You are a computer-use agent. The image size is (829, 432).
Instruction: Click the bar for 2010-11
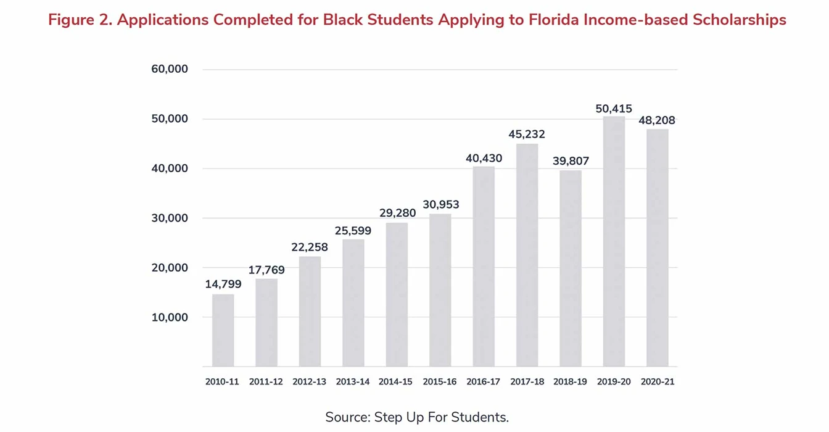(223, 330)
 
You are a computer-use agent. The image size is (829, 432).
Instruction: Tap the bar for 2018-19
(571, 268)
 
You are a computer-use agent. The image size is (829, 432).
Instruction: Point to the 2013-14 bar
(353, 303)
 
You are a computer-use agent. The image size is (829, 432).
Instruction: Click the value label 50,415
(614, 109)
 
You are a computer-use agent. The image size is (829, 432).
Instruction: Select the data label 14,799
(223, 285)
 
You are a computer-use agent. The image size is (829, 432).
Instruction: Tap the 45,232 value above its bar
(527, 135)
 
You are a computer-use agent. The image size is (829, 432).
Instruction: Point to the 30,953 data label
(440, 205)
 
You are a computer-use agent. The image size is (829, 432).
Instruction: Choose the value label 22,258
(310, 247)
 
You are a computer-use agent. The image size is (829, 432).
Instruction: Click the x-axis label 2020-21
(658, 382)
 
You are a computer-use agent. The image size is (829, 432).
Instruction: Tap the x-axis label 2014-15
(396, 382)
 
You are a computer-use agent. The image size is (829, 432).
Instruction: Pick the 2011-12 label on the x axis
(266, 382)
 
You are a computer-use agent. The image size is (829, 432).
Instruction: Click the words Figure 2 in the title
(78, 20)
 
